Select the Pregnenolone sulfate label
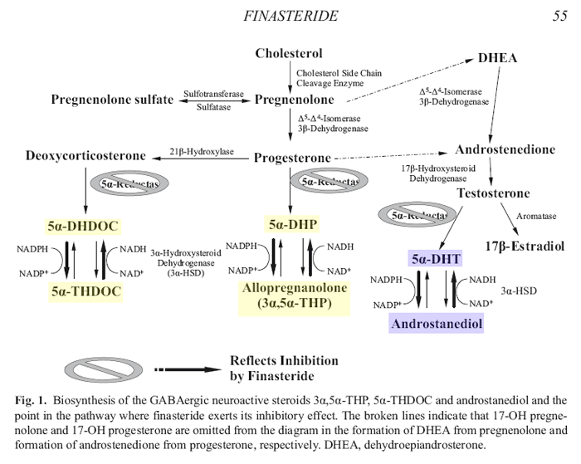pyautogui.click(x=113, y=100)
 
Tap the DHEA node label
pyautogui.click(x=497, y=58)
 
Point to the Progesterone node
pyautogui.click(x=292, y=158)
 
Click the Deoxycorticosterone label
pyautogui.click(x=85, y=155)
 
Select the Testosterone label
pyautogui.click(x=493, y=193)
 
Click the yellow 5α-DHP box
pyautogui.click(x=293, y=224)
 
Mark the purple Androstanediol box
pyautogui.click(x=437, y=322)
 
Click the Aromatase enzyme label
pyautogui.click(x=535, y=215)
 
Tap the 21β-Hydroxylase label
pyautogui.click(x=202, y=152)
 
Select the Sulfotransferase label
pyautogui.click(x=213, y=94)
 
